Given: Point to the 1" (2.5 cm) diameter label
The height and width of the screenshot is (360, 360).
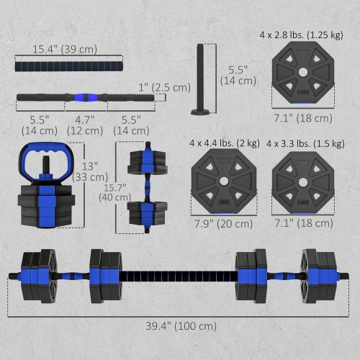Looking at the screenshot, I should pyautogui.click(x=166, y=87).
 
